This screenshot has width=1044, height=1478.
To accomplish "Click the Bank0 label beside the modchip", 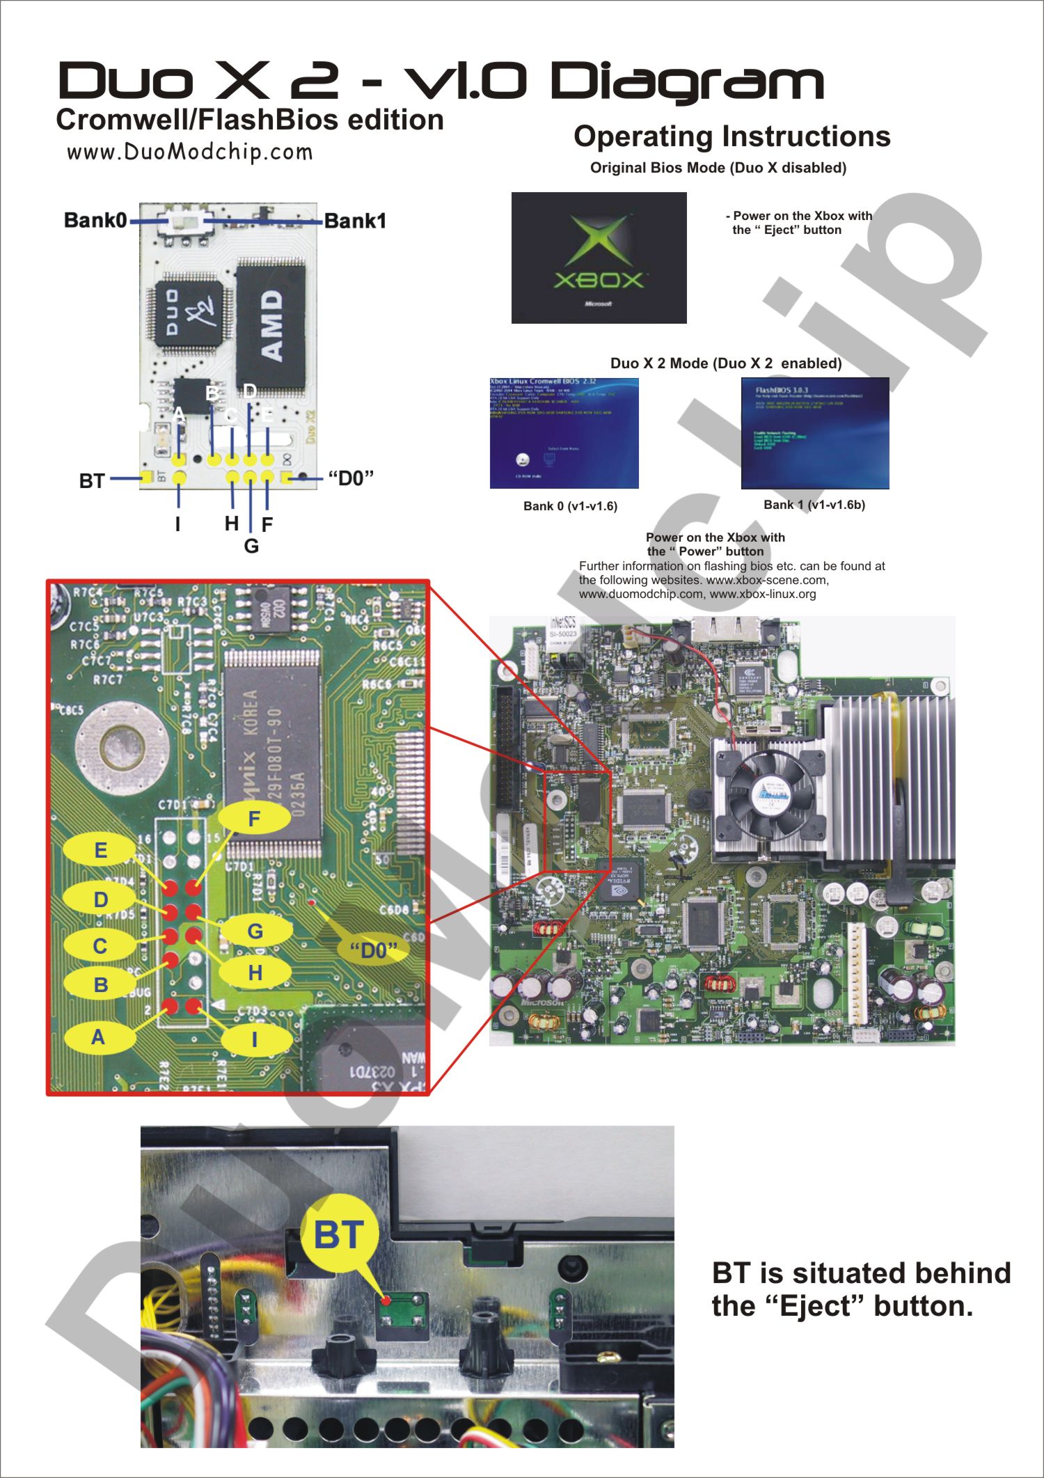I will pos(95,221).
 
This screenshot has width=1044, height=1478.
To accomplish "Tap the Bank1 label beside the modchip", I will pos(355,221).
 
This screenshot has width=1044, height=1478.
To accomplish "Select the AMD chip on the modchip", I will pos(271,326).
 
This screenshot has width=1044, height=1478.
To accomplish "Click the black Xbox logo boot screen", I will pos(599,258).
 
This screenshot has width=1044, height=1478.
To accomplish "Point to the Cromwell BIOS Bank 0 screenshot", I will pos(564,433).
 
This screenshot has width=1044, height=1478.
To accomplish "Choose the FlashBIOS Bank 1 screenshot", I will pos(815,433).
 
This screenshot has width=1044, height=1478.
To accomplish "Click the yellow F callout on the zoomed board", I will pos(254,819).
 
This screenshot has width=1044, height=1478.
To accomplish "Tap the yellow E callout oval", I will pos(100,850).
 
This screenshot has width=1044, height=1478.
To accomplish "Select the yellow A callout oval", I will pos(98,1037).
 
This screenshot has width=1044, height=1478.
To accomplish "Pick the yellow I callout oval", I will pos(255,1039).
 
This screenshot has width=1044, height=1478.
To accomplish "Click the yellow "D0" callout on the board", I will pos(373,950).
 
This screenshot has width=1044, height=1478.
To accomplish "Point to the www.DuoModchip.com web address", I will pos(189,152).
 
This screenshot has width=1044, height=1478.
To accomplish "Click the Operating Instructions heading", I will pos(731,136).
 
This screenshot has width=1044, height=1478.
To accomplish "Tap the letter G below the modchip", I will pos(251,547).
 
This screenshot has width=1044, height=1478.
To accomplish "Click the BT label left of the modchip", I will pos(92,481).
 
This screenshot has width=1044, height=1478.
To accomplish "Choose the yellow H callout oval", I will pos(255,973).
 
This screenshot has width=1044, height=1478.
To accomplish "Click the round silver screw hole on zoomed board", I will pos(122,748).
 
